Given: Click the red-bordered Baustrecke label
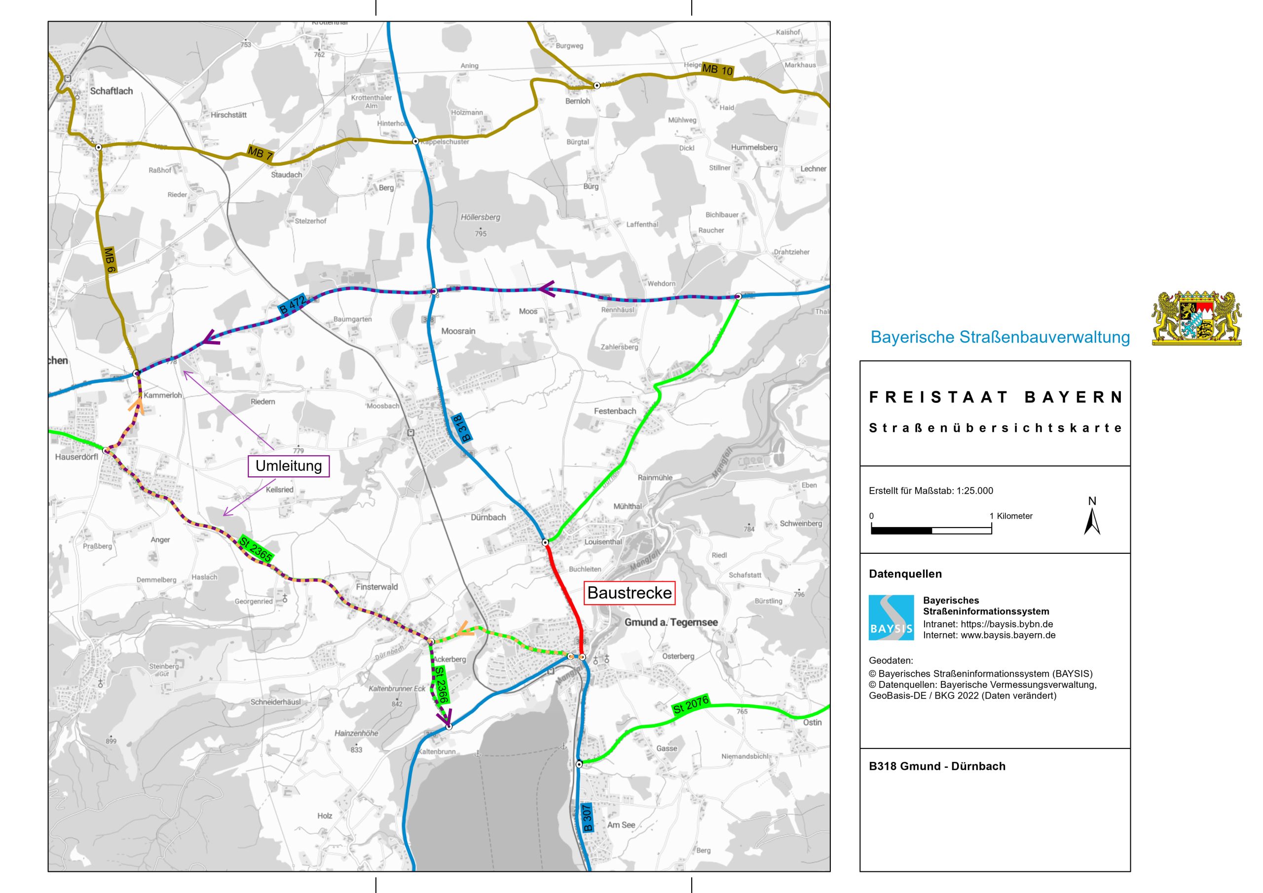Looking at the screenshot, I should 630,593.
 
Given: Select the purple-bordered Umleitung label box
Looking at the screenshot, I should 289,466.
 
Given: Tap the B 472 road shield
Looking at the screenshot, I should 292,306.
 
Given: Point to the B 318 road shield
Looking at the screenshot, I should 463,429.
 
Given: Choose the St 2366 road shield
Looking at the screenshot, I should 442,684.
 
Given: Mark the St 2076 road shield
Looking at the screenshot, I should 691,705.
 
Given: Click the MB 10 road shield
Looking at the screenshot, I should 717,70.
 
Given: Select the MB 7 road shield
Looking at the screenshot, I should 260,153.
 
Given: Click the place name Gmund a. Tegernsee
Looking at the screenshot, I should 670,622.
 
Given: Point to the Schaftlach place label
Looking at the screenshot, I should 111,91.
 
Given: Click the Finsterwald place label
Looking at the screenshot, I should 376,587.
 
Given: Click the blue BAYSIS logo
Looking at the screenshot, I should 891,617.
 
